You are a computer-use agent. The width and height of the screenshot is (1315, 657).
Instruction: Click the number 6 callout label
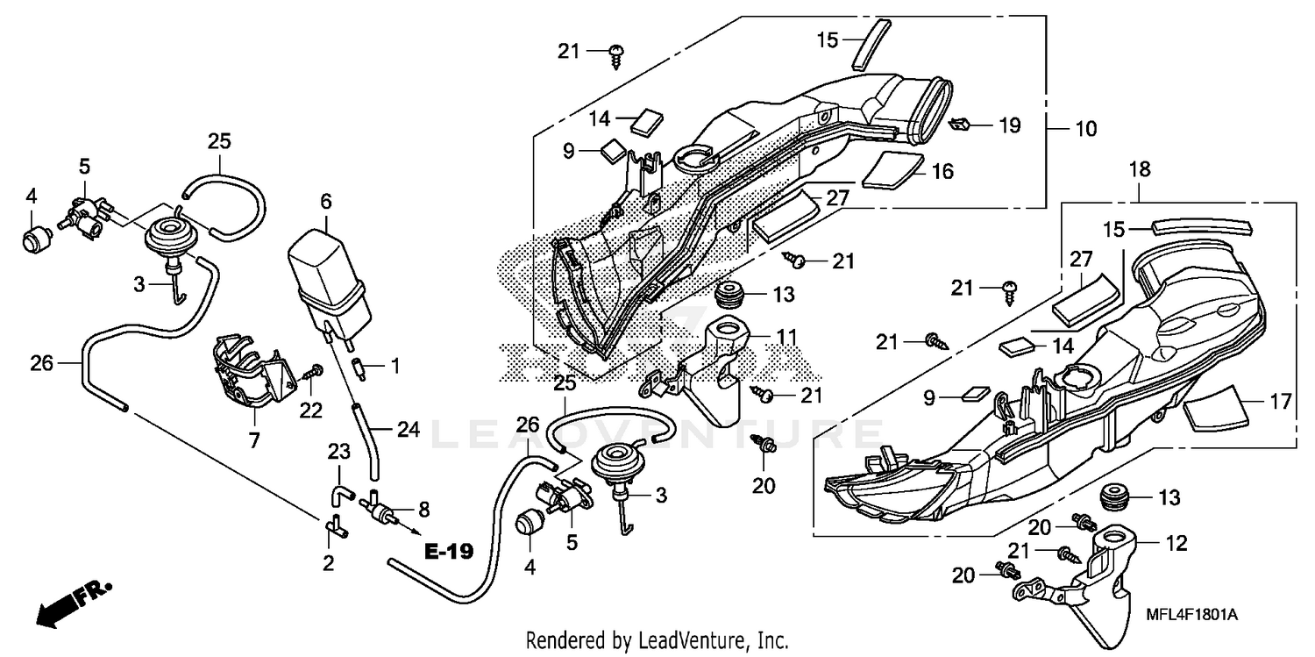tap(326, 201)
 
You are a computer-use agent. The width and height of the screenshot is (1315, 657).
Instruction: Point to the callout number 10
tap(1085, 129)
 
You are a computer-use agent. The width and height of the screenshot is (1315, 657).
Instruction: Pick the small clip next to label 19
tap(960, 125)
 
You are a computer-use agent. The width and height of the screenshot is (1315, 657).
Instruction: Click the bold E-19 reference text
tap(449, 552)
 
